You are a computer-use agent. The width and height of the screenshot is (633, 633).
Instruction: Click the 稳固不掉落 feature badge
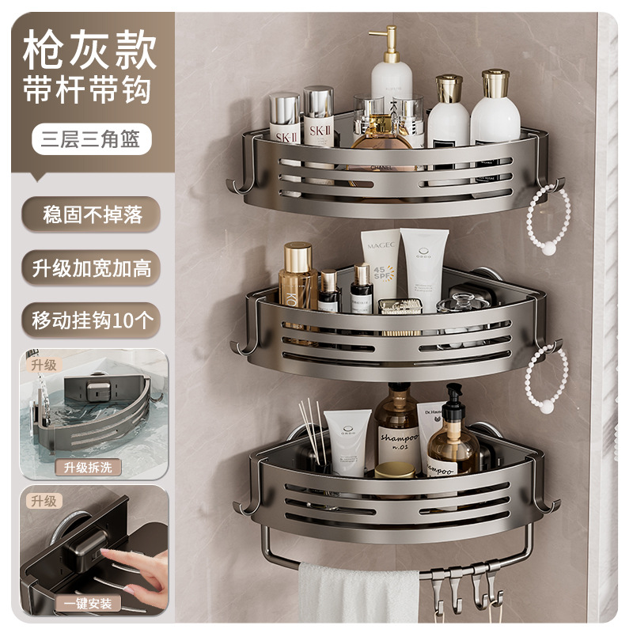pyautogui.click(x=89, y=214)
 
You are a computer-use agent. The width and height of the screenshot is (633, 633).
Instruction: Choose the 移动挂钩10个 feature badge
pyautogui.click(x=89, y=320)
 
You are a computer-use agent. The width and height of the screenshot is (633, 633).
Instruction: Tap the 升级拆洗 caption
pyautogui.click(x=89, y=467)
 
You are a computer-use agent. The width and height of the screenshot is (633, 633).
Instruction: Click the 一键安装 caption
pyautogui.click(x=89, y=604)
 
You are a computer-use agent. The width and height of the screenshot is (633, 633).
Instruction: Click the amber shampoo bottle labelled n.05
pyautogui.click(x=397, y=431)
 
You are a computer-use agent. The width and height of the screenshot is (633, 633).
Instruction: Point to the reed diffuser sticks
pyautogui.click(x=309, y=431)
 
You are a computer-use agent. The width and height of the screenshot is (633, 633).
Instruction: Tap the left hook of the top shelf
pyautogui.click(x=236, y=185)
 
